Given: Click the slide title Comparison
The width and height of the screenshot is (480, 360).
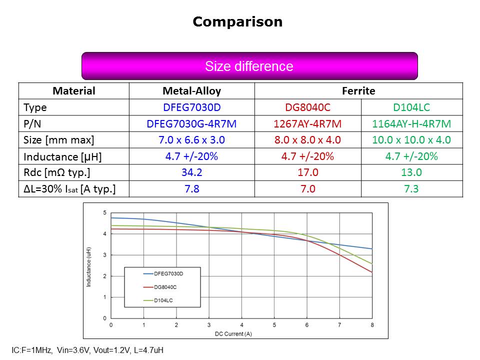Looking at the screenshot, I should (x=237, y=22).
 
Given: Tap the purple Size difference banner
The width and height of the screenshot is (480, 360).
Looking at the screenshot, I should (x=249, y=66).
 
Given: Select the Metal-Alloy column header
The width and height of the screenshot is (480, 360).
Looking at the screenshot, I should (x=191, y=91).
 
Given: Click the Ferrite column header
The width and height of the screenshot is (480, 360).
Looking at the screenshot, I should (x=358, y=91).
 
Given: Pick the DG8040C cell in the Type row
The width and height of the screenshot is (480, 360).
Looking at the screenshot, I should (x=307, y=107).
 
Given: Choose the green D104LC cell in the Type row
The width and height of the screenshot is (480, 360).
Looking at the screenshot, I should (x=411, y=107).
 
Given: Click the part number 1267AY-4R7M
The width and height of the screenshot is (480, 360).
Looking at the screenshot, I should (x=307, y=123).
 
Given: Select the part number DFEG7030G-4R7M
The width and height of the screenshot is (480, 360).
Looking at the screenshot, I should (x=191, y=123).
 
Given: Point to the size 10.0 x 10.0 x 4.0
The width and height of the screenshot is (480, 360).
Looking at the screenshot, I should (x=411, y=140).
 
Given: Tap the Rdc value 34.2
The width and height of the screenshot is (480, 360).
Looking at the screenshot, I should (x=191, y=172).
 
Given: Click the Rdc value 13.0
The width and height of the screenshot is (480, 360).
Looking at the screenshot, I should (x=411, y=172).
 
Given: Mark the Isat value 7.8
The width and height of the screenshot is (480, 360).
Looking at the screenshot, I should (x=191, y=189).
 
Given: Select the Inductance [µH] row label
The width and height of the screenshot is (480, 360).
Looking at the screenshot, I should (x=62, y=156).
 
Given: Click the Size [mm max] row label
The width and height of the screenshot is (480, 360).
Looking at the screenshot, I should (x=58, y=140).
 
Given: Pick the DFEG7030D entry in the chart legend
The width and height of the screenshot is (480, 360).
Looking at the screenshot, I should (x=168, y=273).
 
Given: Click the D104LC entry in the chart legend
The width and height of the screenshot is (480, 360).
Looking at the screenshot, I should (x=163, y=300).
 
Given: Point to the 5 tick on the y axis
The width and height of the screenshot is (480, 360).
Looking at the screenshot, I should (x=104, y=213).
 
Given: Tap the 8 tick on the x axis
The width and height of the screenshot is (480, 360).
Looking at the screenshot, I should (x=372, y=325).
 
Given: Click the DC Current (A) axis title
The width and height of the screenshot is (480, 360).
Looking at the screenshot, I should (x=241, y=333).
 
